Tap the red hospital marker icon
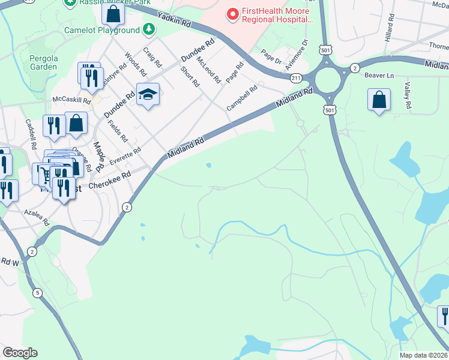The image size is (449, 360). click(231, 13)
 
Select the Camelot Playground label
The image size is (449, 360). click(102, 30)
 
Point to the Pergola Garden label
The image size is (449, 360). click(43, 62)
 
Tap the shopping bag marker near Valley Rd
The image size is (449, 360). click(379, 100)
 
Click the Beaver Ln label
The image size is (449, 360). click(379, 76)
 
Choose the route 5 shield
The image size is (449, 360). click(38, 293)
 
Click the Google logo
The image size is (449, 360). click(20, 353)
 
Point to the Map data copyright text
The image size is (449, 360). click(423, 355)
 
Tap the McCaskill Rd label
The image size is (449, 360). click(71, 99)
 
